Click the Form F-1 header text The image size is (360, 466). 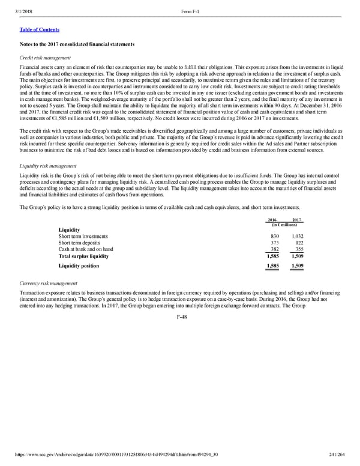[191, 7]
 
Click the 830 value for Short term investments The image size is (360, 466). [275, 237]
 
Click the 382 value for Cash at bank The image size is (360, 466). [275, 250]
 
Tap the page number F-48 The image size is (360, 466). [180, 317]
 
